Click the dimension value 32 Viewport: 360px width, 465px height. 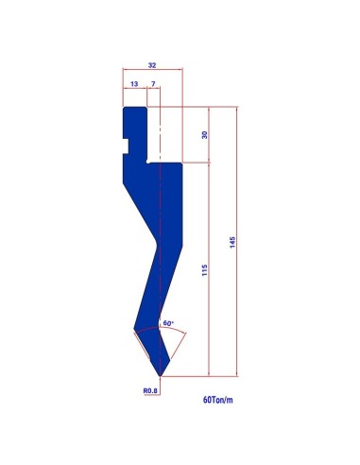(152, 65)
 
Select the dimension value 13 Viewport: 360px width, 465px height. (134, 84)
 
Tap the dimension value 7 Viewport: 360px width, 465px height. (153, 84)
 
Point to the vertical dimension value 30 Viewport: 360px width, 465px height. (205, 135)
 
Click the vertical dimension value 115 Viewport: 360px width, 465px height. (205, 270)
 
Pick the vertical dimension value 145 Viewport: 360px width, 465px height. (232, 242)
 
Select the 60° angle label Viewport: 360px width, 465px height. (168, 323)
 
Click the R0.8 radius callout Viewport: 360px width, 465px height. (150, 390)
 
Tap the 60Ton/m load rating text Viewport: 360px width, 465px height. (218, 400)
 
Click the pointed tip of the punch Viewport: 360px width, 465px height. (160, 376)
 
